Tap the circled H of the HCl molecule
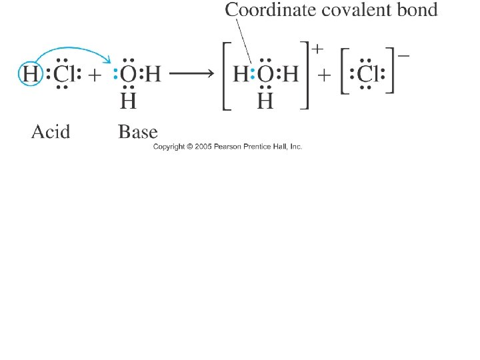point(31,73)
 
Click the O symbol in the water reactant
point(129,74)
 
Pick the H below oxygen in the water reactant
point(128,101)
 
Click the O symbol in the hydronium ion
point(265,74)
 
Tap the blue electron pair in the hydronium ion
point(252,74)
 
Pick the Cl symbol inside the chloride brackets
point(367,74)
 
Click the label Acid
point(51,132)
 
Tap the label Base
point(138,132)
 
